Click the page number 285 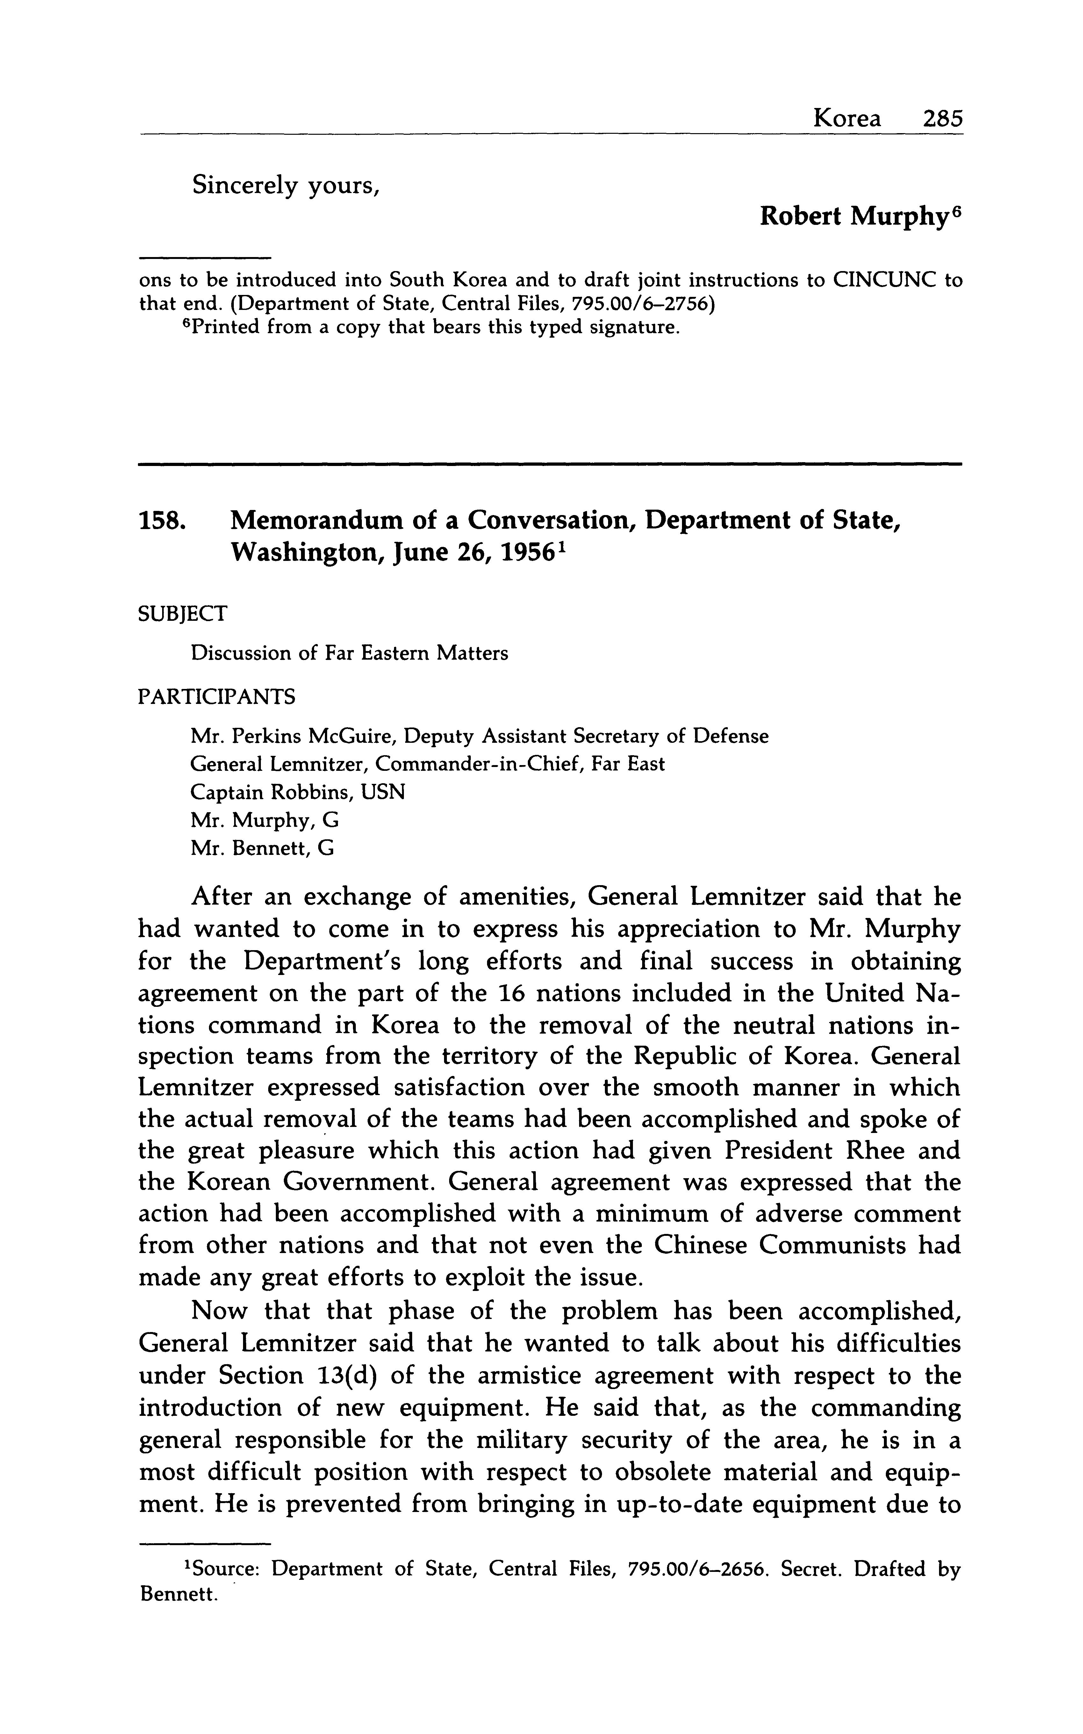[943, 118]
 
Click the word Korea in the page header [847, 118]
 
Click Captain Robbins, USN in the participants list [297, 792]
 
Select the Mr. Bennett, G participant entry [262, 849]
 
